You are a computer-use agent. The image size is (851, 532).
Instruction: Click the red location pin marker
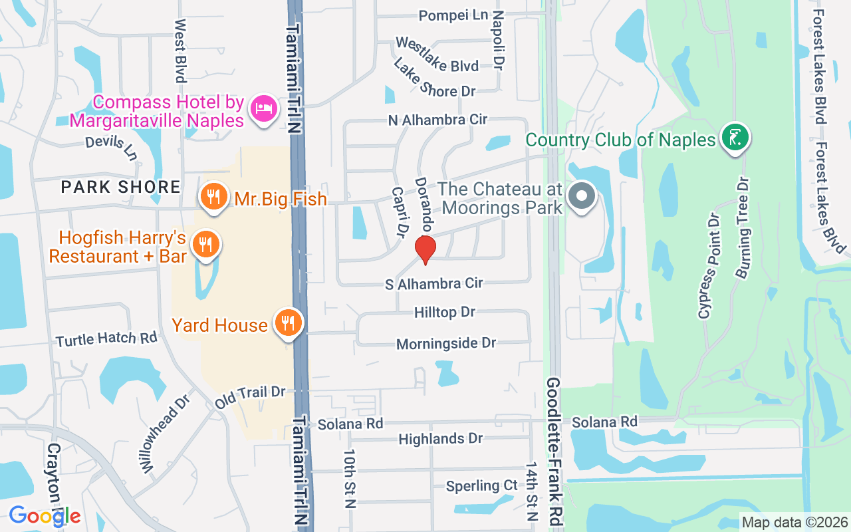[x=425, y=249]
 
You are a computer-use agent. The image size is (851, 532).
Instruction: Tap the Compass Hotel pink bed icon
[x=264, y=109]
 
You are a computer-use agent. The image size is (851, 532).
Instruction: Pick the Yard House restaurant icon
[x=287, y=324]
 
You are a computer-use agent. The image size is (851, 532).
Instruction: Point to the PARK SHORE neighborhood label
[x=120, y=187]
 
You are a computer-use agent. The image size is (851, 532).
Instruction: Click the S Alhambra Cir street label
[x=434, y=284]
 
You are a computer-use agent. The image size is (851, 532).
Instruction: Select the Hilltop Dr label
[x=445, y=312]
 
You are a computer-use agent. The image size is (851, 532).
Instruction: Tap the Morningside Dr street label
[x=446, y=343]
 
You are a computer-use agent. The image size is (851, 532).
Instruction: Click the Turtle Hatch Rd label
[x=106, y=339]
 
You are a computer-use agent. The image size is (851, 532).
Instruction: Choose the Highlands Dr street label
[x=440, y=439]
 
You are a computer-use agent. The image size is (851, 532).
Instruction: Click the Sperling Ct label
[x=482, y=485]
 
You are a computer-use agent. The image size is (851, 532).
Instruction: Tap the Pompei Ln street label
[x=453, y=15]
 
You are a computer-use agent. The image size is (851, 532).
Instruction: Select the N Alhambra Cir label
[x=438, y=120]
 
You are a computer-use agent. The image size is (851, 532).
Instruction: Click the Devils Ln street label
[x=112, y=148]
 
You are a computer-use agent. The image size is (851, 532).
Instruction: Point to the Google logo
[x=45, y=515]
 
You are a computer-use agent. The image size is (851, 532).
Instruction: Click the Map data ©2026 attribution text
[x=794, y=522]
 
